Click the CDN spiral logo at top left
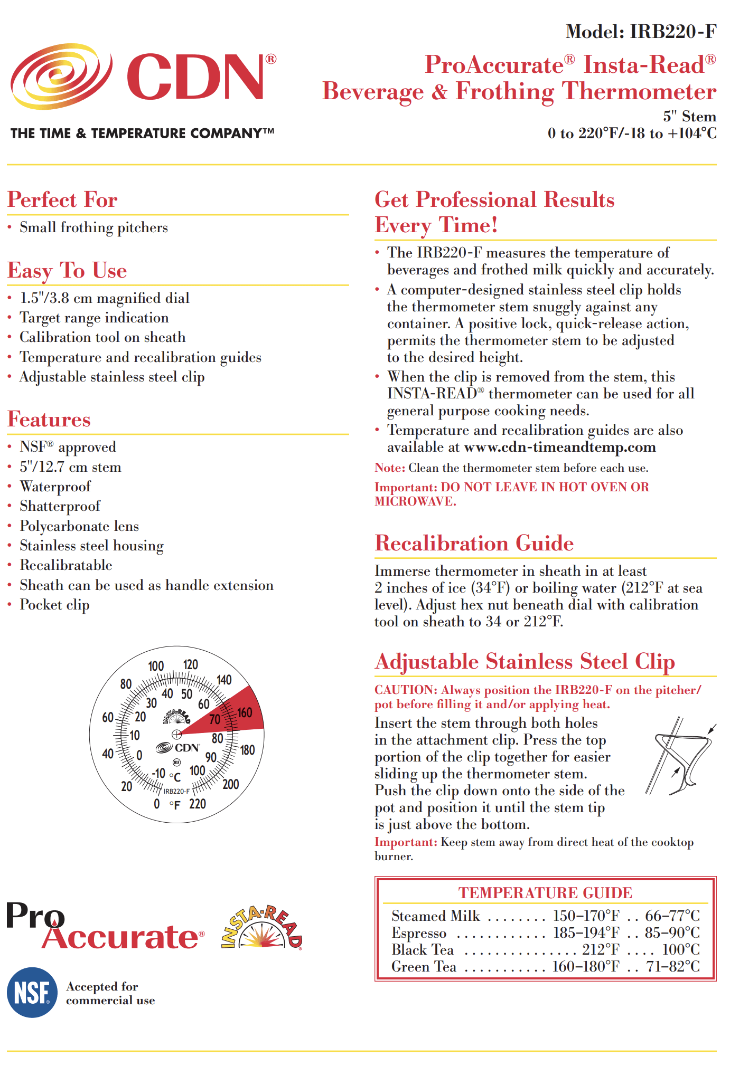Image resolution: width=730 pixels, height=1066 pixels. (61, 77)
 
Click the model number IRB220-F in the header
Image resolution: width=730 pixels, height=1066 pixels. (672, 32)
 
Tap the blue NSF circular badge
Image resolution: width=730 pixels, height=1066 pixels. (32, 993)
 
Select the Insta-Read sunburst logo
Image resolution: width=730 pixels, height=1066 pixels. (262, 929)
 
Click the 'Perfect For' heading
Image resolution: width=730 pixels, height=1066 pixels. (62, 200)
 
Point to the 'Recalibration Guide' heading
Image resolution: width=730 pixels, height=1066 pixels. (474, 544)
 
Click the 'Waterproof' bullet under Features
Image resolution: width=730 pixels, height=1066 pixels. (55, 487)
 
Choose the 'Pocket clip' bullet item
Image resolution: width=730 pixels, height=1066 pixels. (54, 605)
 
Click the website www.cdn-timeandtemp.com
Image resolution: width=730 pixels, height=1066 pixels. (559, 448)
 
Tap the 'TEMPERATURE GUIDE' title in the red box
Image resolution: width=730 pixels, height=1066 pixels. (545, 893)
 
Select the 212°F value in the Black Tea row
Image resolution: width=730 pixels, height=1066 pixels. (601, 950)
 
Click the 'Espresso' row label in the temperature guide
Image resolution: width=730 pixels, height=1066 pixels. (419, 933)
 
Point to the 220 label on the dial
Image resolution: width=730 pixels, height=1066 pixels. (198, 804)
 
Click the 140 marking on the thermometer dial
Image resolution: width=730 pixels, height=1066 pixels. (224, 680)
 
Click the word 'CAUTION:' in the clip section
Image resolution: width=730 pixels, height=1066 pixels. (406, 690)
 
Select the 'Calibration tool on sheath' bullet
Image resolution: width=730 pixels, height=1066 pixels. (102, 337)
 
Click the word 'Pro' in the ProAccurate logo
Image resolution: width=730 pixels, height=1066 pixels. (35, 915)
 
